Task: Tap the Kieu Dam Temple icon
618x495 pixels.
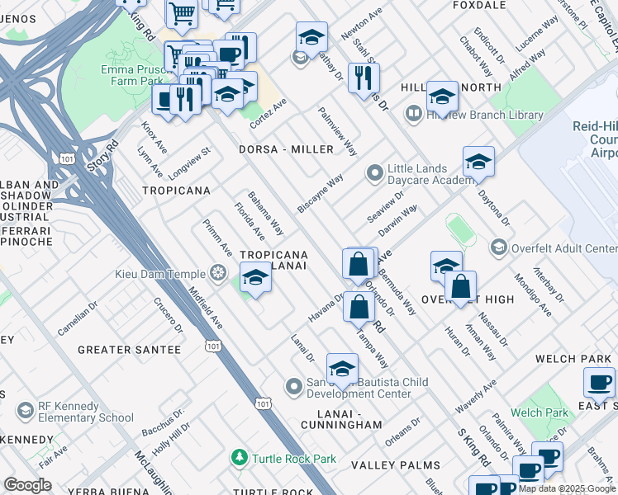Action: click(218, 272)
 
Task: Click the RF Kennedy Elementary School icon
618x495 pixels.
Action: click(26, 410)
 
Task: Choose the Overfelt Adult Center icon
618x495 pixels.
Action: click(498, 247)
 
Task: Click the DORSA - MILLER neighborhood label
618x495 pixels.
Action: click(286, 149)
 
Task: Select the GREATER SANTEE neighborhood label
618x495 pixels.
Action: click(129, 350)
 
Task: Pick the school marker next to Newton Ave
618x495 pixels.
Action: click(311, 37)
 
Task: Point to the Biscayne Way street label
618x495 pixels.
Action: click(321, 194)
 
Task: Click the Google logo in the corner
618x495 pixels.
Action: click(28, 484)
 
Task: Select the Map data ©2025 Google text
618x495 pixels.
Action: click(567, 488)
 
